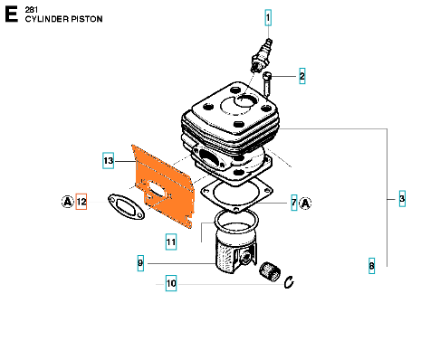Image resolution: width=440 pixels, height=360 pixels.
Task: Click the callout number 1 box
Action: pyautogui.click(x=268, y=18)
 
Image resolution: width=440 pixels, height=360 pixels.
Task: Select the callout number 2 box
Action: pyautogui.click(x=301, y=76)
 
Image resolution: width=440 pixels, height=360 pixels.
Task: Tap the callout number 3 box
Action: pyautogui.click(x=402, y=198)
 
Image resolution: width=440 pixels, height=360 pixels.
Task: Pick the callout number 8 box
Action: pyautogui.click(x=371, y=266)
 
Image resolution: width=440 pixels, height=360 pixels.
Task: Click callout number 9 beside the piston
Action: pyautogui.click(x=140, y=263)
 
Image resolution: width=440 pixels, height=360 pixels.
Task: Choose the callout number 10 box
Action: pyautogui.click(x=171, y=283)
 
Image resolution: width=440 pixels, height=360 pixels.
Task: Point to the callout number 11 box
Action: pyautogui.click(x=171, y=242)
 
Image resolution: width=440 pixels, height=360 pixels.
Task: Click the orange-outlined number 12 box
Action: pyautogui.click(x=81, y=202)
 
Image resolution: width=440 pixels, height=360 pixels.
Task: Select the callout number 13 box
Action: pyautogui.click(x=108, y=160)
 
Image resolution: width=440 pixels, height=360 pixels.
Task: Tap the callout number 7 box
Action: pyautogui.click(x=294, y=203)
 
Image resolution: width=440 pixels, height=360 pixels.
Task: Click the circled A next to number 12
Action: pyautogui.click(x=68, y=202)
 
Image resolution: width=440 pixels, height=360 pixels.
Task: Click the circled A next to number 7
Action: pyautogui.click(x=305, y=204)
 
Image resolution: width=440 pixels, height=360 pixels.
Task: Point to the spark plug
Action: pyautogui.click(x=262, y=55)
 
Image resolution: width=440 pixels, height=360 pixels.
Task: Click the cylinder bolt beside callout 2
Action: pyautogui.click(x=267, y=83)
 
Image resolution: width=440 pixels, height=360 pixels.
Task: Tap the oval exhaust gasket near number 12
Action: pyautogui.click(x=126, y=207)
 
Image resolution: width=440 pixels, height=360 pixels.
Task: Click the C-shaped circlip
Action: pyautogui.click(x=289, y=282)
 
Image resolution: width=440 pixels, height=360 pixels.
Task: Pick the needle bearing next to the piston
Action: pyautogui.click(x=270, y=270)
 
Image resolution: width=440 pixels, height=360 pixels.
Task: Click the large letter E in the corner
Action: pyautogui.click(x=12, y=14)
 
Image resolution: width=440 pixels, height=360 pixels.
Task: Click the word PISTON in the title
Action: pyautogui.click(x=87, y=19)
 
